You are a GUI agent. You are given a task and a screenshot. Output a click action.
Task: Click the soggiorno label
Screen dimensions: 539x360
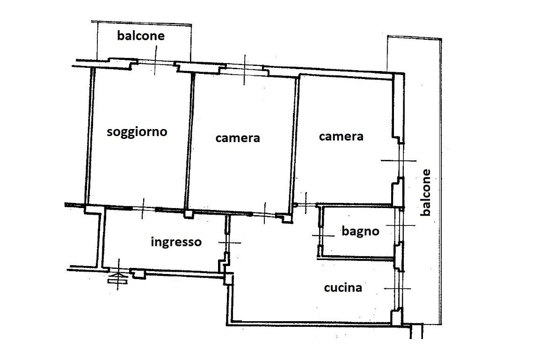coord(137,132)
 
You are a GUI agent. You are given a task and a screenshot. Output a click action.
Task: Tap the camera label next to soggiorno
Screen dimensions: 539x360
coord(238,138)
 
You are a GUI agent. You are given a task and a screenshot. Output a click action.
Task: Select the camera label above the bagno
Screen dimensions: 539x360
coord(341,137)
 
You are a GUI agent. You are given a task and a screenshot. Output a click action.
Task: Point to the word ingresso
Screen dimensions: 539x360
coord(176,242)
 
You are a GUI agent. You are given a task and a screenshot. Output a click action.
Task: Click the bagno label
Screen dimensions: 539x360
coord(360,231)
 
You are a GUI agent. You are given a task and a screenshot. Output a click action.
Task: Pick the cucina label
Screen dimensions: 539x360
coord(343,288)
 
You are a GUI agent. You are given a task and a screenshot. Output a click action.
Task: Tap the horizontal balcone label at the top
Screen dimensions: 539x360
coord(141,36)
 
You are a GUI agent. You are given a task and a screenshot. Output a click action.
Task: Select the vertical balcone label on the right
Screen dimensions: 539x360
coord(426,192)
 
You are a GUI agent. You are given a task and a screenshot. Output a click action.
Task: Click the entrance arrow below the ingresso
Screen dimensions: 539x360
coord(117,278)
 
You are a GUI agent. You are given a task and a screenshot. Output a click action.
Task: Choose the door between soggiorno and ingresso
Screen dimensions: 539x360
coord(143,208)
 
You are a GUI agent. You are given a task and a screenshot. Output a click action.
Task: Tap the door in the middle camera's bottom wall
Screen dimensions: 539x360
coord(265,214)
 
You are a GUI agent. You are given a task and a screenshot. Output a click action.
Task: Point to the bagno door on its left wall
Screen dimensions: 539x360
coord(320,236)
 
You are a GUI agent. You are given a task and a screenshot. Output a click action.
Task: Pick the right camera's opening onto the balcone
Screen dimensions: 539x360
coord(401,160)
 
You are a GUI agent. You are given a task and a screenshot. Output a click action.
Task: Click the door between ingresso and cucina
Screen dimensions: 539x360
coord(227,243)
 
